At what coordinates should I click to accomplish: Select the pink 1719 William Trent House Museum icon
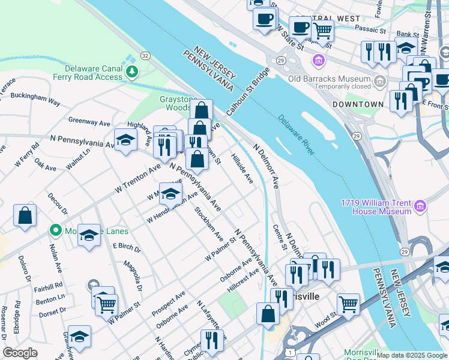420,206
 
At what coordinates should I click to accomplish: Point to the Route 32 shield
145,55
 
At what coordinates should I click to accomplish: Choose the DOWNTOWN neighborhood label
358,104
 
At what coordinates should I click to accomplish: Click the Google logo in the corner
20,353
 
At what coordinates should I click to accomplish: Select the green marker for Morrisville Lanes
56,230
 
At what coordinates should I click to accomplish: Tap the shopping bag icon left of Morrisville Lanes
25,217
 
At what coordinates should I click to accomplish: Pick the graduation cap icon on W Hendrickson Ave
170,194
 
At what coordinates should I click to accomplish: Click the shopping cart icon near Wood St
348,305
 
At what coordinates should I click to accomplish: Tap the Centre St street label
279,238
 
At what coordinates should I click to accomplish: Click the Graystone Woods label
178,103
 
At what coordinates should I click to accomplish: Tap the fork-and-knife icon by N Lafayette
211,341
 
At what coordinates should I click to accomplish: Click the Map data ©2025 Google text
412,355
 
